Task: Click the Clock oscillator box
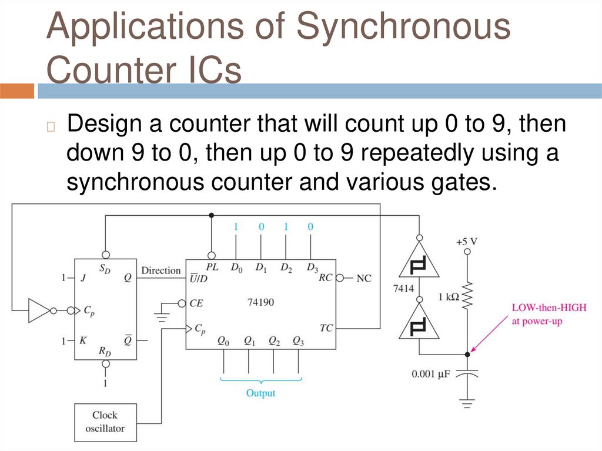click(105, 422)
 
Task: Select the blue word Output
click(260, 393)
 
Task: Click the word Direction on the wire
click(160, 270)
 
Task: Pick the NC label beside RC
click(364, 278)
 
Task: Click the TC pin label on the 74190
click(326, 327)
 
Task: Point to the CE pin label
click(196, 303)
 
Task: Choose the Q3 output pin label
click(299, 341)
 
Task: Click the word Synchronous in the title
click(403, 28)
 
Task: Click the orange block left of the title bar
click(17, 91)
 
